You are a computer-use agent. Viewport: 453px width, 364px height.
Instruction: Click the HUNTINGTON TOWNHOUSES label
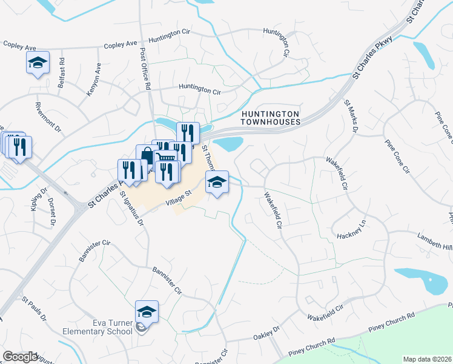tap(270, 118)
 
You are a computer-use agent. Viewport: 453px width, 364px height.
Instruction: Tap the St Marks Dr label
tap(351, 115)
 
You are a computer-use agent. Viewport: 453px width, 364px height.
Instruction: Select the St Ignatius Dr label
tap(131, 208)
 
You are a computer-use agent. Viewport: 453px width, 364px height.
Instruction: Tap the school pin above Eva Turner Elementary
tap(147, 312)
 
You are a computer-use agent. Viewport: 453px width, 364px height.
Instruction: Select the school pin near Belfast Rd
tap(38, 62)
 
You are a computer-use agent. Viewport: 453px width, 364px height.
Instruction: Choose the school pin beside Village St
tap(217, 181)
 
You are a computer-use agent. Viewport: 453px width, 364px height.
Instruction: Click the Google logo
tap(20, 357)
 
